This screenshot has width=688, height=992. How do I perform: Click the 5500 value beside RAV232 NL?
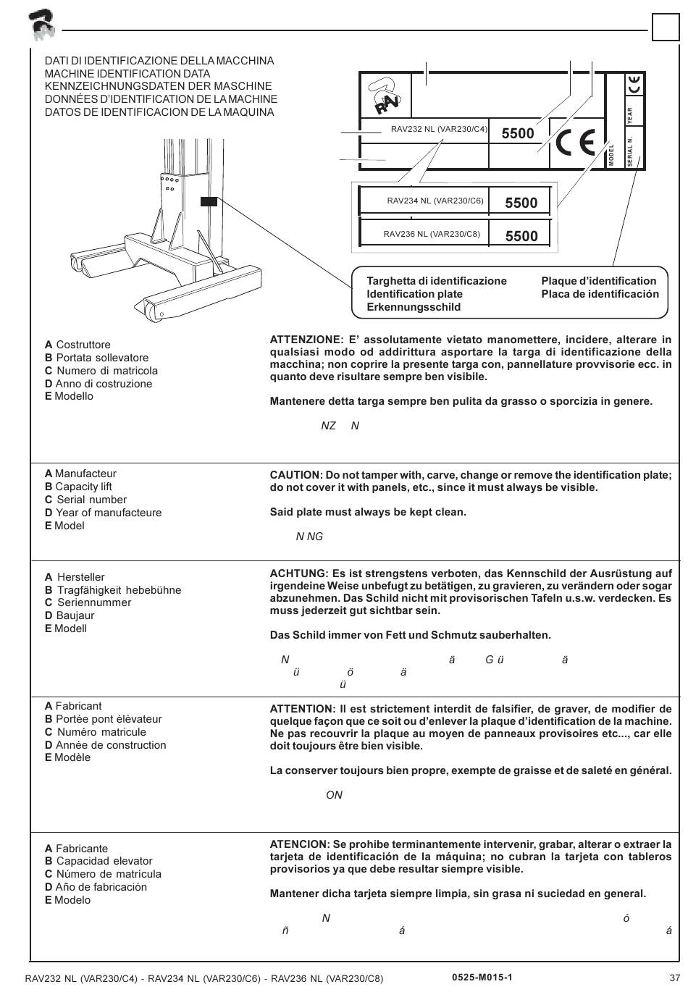518,133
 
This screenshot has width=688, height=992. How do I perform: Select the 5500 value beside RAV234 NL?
521,203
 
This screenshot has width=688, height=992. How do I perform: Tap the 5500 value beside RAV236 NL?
521,236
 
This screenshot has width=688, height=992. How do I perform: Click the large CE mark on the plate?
576,143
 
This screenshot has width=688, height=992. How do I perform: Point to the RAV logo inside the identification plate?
385,96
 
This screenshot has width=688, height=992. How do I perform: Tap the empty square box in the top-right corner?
665,28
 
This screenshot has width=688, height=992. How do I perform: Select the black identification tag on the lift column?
209,201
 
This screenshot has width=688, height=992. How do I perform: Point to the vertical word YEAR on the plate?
630,114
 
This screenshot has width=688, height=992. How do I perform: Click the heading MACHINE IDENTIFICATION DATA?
127,74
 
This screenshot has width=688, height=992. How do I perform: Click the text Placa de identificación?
600,294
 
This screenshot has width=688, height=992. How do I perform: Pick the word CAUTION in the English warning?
295,475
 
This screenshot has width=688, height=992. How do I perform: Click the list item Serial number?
91,500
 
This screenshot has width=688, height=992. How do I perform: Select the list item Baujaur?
75,615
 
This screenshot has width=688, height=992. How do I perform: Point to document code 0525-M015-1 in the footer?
482,978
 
